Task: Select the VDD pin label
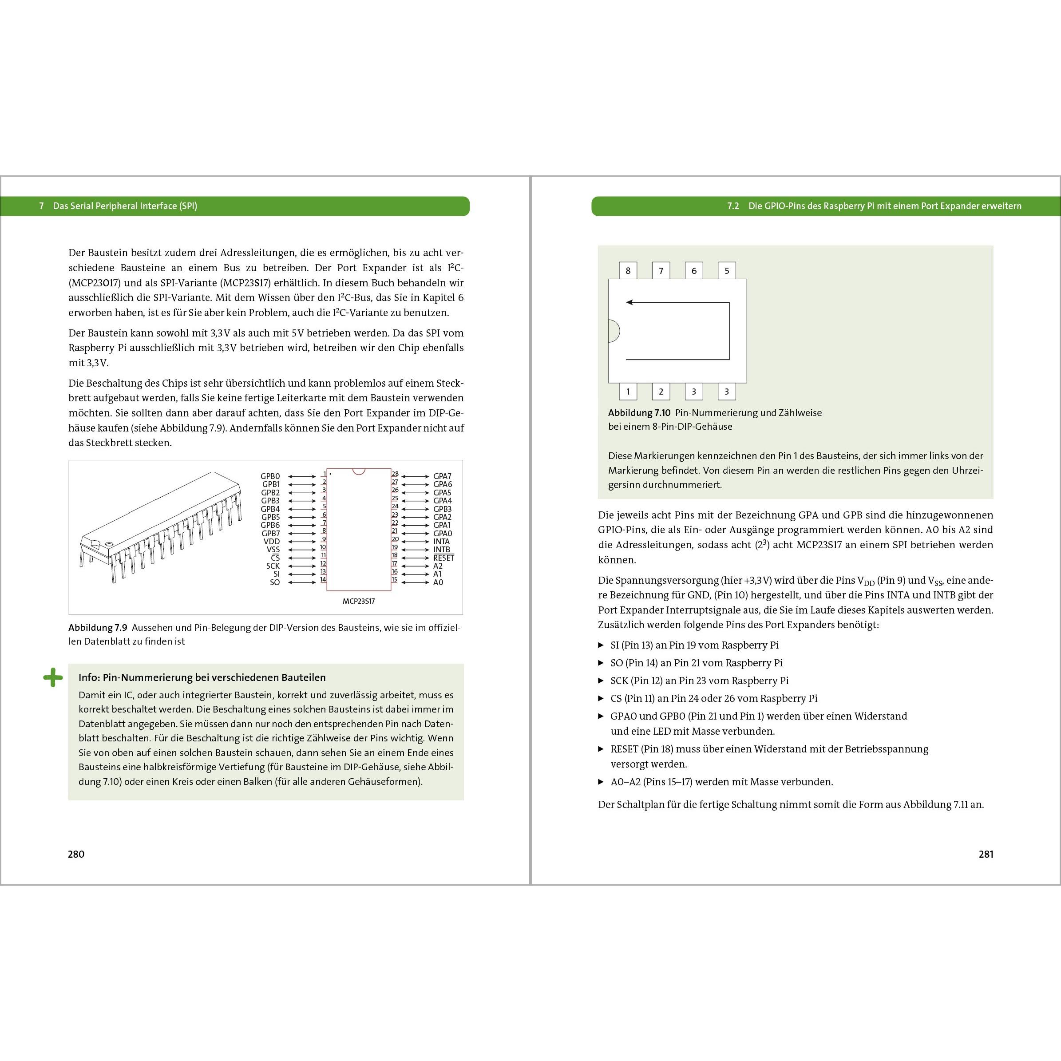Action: pos(271,542)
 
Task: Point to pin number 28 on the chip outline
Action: pos(395,473)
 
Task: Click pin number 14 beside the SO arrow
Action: pos(323,579)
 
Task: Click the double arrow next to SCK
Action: pos(302,566)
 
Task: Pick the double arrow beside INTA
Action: pos(415,542)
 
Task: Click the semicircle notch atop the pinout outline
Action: pos(359,471)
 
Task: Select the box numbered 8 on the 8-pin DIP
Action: pos(628,271)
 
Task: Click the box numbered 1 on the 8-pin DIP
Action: pos(628,392)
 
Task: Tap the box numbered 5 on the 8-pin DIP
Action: pos(727,271)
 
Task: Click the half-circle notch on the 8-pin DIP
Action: pos(614,331)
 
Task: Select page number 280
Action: pos(76,854)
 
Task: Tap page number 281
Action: pos(986,854)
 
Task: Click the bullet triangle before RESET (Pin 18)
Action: pos(601,748)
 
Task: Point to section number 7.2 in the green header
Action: pos(732,206)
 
